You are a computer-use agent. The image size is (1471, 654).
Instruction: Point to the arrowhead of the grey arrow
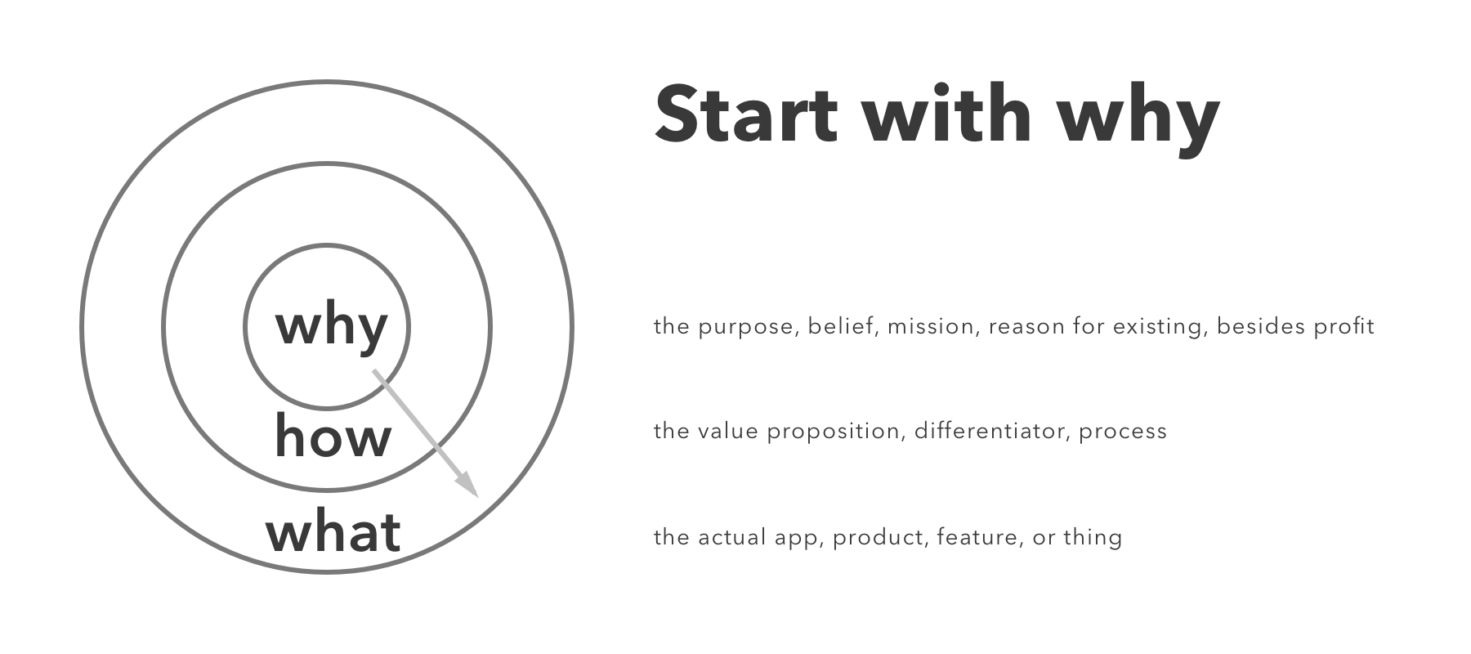point(467,485)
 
